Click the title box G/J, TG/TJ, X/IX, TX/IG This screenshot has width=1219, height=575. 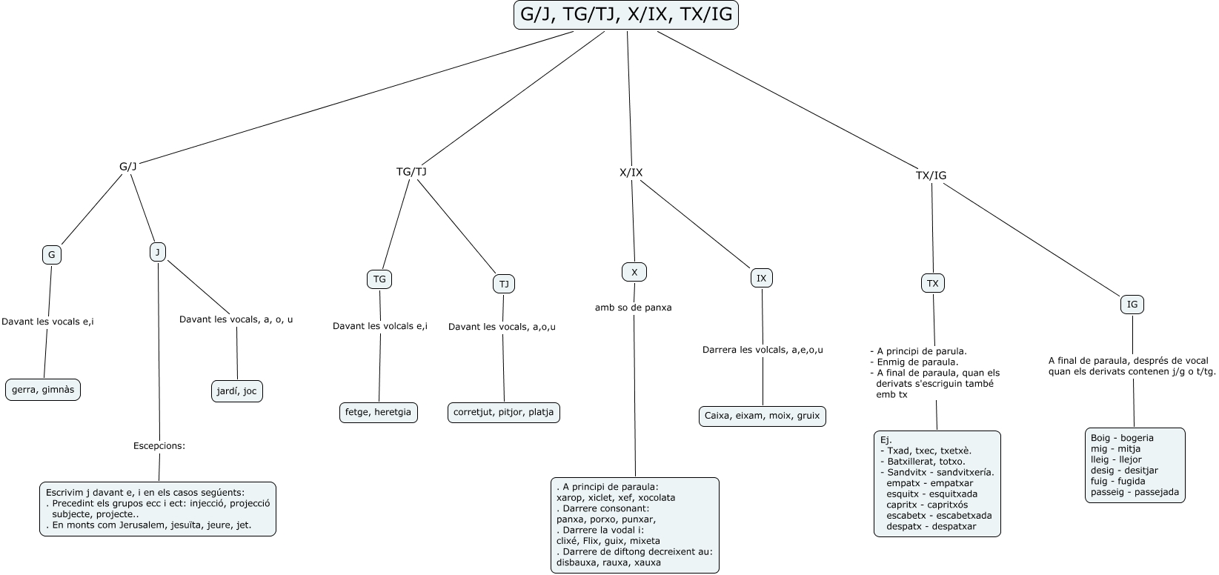pos(626,16)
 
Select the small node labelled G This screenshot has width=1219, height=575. pos(52,255)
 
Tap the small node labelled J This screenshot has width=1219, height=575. pos(158,252)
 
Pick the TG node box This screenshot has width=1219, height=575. pos(379,279)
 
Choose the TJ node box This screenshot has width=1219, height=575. pos(504,284)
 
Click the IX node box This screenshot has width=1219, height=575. pos(761,278)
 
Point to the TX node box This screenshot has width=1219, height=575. pos(933,283)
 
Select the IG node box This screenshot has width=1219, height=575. pos(1132,304)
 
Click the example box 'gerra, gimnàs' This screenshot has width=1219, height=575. pos(43,390)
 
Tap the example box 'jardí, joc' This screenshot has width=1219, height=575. pos(236,391)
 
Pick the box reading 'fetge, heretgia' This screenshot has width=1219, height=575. pos(378,412)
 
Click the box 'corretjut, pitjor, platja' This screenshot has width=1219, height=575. pos(503,412)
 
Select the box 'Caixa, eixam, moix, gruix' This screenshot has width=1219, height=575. pos(762,416)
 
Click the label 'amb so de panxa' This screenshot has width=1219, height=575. pos(634,308)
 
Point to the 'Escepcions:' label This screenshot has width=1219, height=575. pos(159,446)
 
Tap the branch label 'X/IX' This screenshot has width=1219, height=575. pos(631,173)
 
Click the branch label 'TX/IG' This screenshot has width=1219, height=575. pos(931,175)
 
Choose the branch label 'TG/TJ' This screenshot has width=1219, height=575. pos(411,172)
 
